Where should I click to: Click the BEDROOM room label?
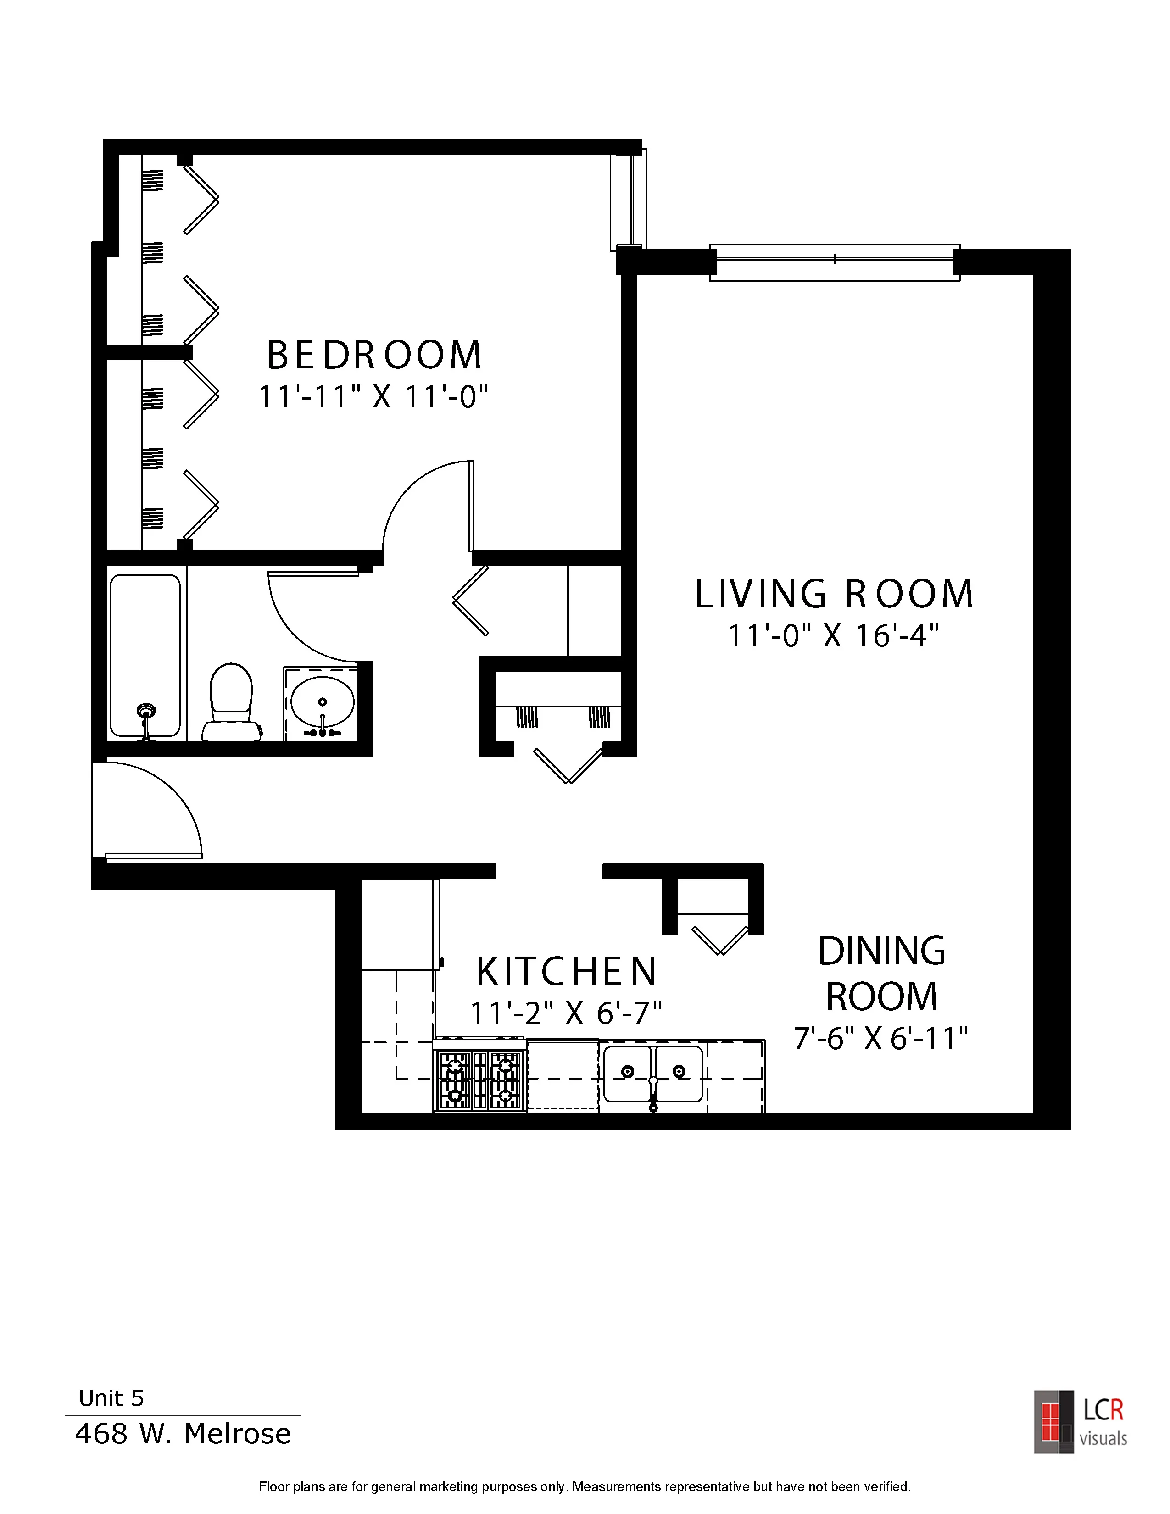(374, 355)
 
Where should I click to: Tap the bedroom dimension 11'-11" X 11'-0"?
(374, 398)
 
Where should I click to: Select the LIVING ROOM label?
(835, 594)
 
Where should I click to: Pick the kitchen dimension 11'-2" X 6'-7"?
(566, 1013)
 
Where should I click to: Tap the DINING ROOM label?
(882, 973)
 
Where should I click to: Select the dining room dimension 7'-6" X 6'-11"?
(881, 1038)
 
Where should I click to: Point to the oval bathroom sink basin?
(322, 702)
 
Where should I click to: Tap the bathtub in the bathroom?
(145, 656)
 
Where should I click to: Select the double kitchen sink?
(653, 1074)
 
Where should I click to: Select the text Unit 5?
(111, 1398)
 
